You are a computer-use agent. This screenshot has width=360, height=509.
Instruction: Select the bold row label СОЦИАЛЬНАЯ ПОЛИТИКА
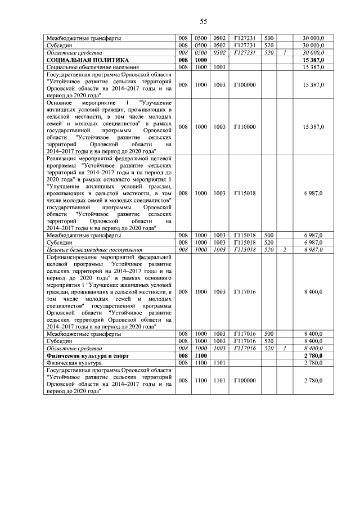coord(88,60)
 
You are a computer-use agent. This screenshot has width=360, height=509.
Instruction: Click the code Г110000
coord(245,127)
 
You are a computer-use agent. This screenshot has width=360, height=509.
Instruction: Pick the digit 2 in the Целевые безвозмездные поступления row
coord(285,249)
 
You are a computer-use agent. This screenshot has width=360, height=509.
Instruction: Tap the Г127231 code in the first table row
coord(245,38)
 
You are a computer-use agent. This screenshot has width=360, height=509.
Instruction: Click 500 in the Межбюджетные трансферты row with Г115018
coord(268,235)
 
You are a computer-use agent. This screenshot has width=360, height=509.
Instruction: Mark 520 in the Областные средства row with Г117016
coord(268,349)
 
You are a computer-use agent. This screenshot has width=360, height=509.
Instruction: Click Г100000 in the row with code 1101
coord(245,381)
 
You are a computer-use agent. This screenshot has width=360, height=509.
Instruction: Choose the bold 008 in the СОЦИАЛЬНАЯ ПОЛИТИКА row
coord(182,60)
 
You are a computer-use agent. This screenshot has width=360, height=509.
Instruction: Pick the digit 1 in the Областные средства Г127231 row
coord(285,52)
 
